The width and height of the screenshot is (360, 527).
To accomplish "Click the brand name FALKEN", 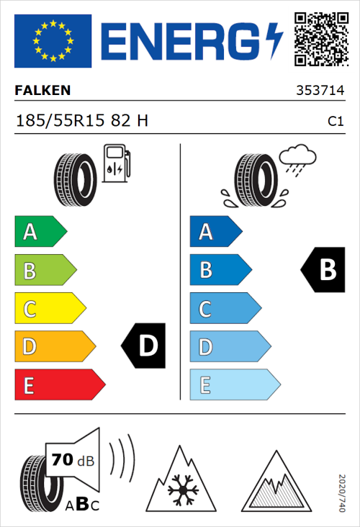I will (x=43, y=91).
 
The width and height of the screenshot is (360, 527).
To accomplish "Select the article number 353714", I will (x=320, y=91).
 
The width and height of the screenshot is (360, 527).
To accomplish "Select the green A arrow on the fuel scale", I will (x=40, y=232).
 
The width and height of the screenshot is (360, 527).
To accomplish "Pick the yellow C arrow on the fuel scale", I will (x=49, y=309).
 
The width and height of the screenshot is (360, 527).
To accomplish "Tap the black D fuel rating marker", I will (x=144, y=346).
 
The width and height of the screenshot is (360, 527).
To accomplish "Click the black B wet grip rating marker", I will (x=322, y=270).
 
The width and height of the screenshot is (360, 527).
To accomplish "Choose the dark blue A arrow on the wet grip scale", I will (x=215, y=232).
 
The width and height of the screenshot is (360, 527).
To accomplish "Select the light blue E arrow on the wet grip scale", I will (x=233, y=385).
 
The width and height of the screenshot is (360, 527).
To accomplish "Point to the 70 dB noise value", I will (x=73, y=460).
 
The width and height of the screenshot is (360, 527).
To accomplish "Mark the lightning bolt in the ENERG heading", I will (x=275, y=40).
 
